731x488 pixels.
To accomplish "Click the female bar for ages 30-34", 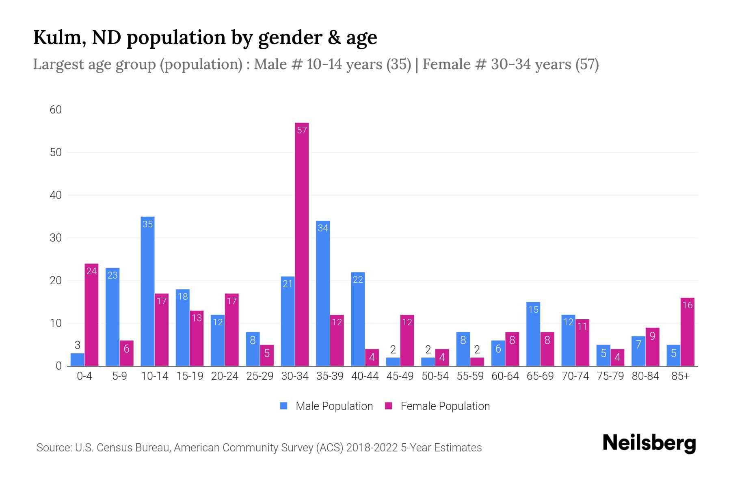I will (x=302, y=244).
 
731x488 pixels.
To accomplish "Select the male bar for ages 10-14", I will (x=147, y=291).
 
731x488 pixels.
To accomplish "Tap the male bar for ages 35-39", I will (x=323, y=293).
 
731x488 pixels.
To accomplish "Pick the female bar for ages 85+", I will (x=687, y=332).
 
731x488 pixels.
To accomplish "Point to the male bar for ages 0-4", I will (x=77, y=359).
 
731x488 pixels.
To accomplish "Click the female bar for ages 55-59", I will (x=477, y=362).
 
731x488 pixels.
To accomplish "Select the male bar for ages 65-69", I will (x=533, y=334).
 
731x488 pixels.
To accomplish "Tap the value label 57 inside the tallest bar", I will (x=302, y=130).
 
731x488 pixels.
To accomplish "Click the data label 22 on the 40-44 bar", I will (x=358, y=279).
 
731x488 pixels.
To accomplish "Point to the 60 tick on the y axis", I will (x=56, y=110).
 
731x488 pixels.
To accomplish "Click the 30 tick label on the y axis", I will (x=56, y=238).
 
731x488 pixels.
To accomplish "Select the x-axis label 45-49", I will (x=400, y=376).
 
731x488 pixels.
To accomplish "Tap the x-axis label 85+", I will (x=680, y=376).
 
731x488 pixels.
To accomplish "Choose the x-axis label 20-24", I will (x=225, y=376).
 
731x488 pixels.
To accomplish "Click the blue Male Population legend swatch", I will (x=283, y=406).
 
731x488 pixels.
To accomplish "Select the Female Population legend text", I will (x=445, y=406).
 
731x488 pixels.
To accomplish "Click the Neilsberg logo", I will (x=649, y=443).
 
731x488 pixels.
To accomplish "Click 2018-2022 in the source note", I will (x=372, y=448).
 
